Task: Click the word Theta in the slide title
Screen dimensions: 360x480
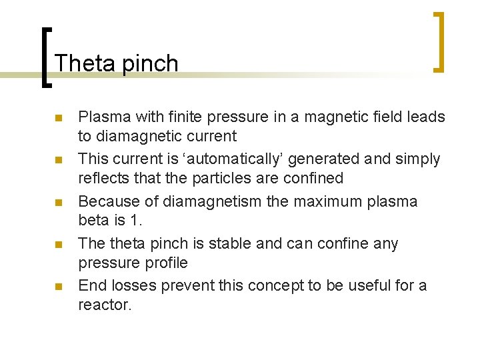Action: coord(80,63)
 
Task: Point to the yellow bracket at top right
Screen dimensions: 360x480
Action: coord(438,41)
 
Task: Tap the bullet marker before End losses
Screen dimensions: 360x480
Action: coord(59,287)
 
